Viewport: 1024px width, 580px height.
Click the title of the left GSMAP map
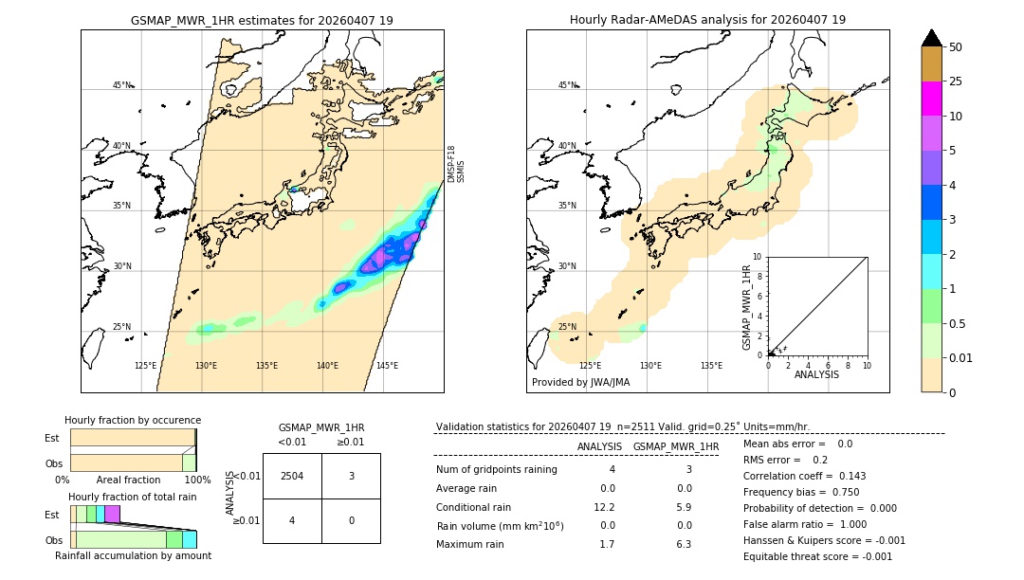point(262,20)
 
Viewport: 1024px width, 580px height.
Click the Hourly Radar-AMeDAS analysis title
point(707,20)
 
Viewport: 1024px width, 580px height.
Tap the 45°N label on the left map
point(121,85)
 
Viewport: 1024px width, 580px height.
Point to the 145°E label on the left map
point(387,366)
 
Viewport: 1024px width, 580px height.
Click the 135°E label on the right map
point(711,366)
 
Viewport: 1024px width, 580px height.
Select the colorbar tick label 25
point(956,82)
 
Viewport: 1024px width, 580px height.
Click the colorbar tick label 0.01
point(962,357)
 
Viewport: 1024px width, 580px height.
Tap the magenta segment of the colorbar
point(931,99)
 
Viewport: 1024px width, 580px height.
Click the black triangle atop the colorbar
point(931,38)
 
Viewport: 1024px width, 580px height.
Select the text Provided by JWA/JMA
point(580,382)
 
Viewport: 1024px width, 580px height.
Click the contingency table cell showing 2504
point(292,476)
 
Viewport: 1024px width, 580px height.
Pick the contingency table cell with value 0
point(351,520)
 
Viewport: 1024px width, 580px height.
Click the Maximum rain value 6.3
point(683,544)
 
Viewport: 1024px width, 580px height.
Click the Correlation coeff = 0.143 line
point(804,476)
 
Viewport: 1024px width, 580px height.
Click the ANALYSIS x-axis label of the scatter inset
point(816,374)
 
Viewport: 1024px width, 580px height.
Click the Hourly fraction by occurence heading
point(133,420)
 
